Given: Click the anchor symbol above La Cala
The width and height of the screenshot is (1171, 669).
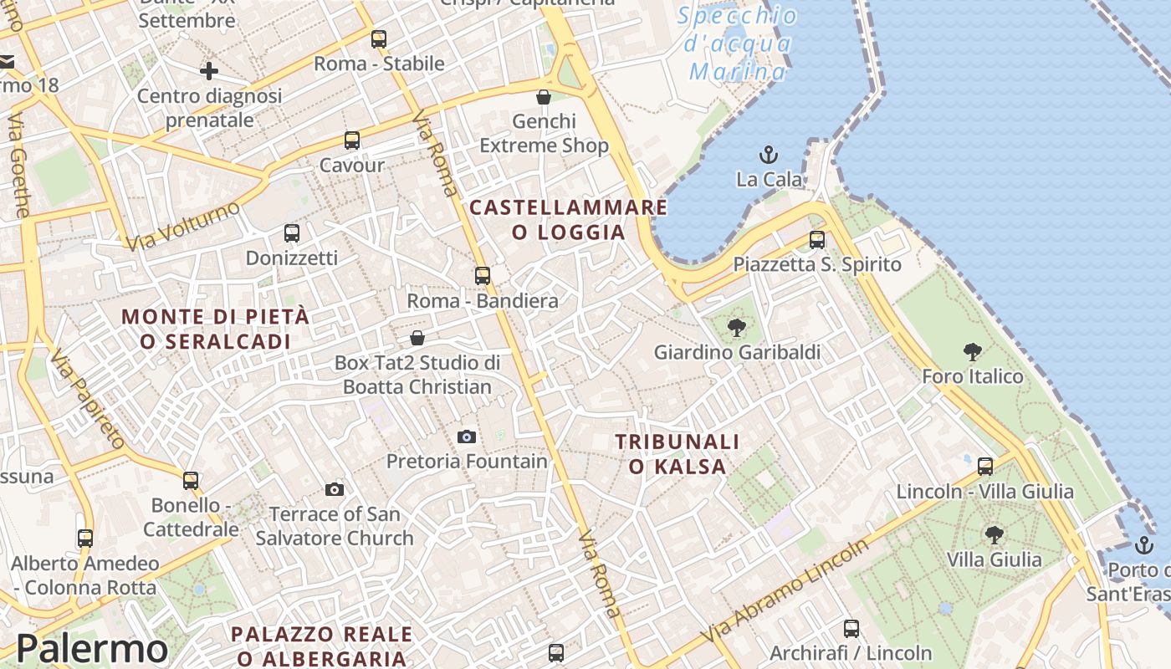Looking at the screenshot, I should [x=768, y=155].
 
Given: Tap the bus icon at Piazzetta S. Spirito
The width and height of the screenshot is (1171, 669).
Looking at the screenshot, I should [x=817, y=240].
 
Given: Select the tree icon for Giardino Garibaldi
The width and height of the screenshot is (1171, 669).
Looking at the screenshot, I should [x=737, y=327].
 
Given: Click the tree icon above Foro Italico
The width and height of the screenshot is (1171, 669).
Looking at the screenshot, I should [x=972, y=352].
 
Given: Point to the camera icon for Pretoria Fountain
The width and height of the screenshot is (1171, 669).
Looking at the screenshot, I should [x=467, y=437].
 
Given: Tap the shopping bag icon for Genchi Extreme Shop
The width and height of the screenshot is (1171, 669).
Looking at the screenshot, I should [x=544, y=97].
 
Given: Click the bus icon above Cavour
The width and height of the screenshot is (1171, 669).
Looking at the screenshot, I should [x=352, y=140].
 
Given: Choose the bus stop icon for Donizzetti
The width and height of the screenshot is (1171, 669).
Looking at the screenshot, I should [x=292, y=233].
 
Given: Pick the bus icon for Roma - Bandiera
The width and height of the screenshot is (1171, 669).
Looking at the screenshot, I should [x=483, y=276].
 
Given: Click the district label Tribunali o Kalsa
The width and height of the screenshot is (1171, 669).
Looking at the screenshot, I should [x=678, y=454].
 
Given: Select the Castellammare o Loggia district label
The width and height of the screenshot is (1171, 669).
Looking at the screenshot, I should [x=569, y=219].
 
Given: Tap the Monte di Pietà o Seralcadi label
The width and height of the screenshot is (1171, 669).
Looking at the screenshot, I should [x=216, y=329].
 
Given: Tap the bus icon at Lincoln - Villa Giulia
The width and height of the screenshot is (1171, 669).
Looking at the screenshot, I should [x=985, y=467].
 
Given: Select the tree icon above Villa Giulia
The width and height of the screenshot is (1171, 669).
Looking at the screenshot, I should [x=994, y=535].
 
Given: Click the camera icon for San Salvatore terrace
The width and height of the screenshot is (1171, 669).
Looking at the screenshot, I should [x=335, y=489].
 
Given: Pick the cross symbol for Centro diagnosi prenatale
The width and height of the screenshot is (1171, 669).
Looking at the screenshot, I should [x=209, y=71].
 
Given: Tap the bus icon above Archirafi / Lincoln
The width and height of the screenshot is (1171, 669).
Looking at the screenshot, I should [x=851, y=629].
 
